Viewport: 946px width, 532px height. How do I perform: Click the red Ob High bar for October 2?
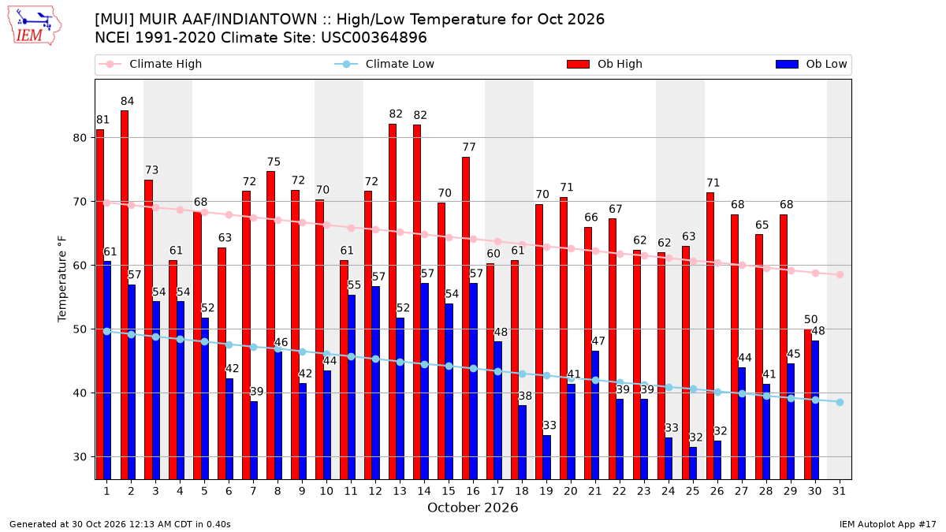(125, 295)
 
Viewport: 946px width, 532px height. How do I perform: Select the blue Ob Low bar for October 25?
(693, 463)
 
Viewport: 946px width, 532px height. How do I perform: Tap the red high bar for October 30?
(808, 404)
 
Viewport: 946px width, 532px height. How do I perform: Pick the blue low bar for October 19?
(546, 457)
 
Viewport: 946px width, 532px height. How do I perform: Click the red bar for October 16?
(466, 318)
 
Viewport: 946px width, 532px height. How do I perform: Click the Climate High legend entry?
(151, 64)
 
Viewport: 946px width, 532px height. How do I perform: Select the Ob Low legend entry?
(811, 64)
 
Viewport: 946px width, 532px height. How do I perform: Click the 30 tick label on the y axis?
(80, 457)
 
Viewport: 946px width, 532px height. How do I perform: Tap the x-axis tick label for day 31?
(839, 491)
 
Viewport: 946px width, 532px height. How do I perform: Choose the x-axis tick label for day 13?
(400, 491)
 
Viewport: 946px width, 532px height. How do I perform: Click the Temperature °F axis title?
(62, 279)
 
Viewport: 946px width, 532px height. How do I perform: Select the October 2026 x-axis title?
(472, 508)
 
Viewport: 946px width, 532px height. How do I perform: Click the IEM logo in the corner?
(35, 26)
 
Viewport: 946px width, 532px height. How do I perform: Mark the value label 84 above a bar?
(127, 102)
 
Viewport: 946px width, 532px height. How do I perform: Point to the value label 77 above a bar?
(469, 147)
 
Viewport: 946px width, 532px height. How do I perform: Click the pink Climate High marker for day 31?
(840, 275)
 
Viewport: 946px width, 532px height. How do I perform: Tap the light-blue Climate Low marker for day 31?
(840, 403)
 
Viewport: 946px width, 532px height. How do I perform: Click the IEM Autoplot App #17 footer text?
(888, 524)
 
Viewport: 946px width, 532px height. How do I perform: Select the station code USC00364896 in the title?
(374, 38)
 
